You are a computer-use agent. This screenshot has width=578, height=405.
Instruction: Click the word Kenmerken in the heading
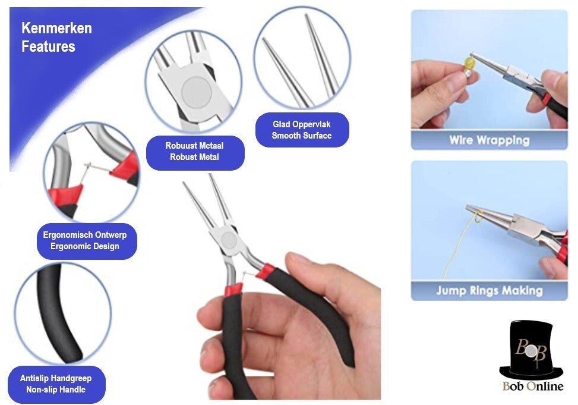click(56, 28)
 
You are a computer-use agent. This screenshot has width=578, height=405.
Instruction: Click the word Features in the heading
click(48, 46)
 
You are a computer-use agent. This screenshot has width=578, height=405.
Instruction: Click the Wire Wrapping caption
click(489, 140)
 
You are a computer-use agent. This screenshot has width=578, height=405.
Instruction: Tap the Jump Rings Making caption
click(489, 291)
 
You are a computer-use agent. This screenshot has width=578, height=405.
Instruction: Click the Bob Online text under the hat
click(533, 386)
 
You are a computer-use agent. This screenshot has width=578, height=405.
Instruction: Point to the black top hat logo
click(532, 351)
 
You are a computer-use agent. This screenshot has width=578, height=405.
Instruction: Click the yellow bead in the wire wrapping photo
click(469, 61)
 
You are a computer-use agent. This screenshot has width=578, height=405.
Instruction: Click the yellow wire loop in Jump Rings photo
click(478, 217)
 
